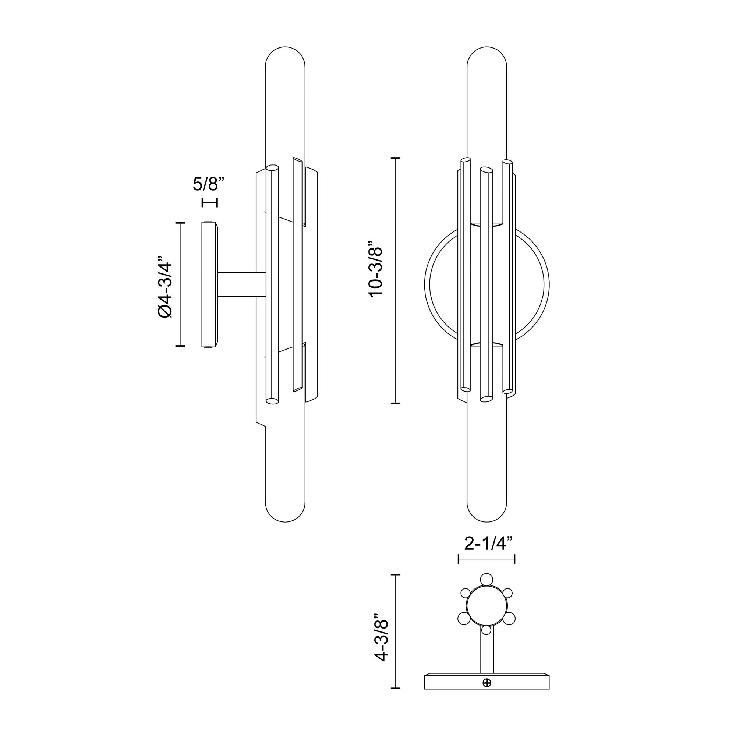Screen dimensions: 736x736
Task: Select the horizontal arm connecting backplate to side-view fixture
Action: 241,284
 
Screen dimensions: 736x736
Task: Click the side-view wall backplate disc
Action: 209,284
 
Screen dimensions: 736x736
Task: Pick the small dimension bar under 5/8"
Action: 209,202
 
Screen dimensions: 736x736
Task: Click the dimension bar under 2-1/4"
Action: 486,559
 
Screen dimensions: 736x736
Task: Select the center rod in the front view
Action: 485,286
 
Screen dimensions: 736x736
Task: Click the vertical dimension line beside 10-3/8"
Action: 396,280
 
